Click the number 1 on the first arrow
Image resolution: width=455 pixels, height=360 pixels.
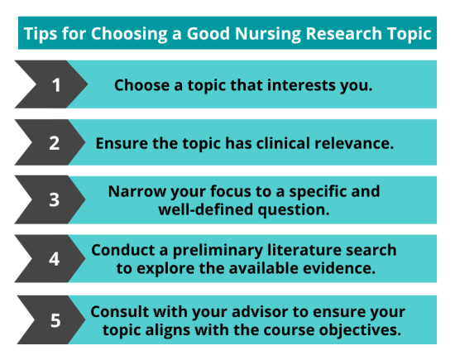(55, 84)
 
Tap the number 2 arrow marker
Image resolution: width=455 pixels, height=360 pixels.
(55, 142)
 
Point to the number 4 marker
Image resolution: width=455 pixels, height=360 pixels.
(55, 259)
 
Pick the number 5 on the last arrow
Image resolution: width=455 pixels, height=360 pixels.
(55, 319)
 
